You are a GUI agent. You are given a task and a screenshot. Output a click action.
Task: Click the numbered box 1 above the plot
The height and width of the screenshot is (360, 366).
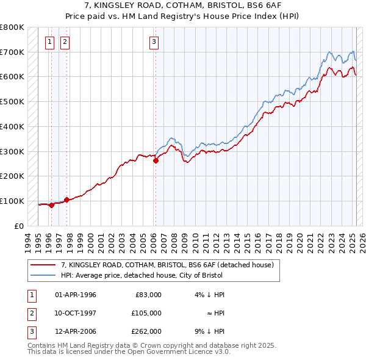click(x=49, y=42)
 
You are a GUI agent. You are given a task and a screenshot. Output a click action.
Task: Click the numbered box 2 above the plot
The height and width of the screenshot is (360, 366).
click(x=65, y=42)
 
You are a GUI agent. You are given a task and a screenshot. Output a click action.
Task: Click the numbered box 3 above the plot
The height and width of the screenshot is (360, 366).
click(x=154, y=42)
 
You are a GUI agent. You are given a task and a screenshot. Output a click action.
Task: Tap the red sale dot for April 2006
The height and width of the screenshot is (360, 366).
click(x=156, y=161)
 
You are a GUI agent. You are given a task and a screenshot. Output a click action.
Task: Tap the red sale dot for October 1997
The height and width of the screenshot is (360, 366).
click(x=66, y=200)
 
